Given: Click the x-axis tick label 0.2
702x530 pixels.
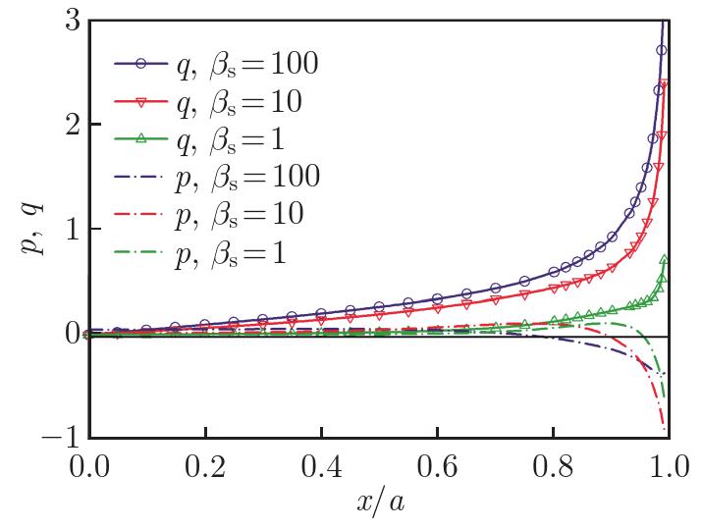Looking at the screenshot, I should (204, 464).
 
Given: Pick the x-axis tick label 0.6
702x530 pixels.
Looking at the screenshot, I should (437, 464).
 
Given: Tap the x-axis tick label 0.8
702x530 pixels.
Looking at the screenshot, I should (553, 464).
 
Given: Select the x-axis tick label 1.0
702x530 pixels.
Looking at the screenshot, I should (668, 464).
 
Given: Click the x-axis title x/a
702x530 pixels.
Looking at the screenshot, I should (379, 503).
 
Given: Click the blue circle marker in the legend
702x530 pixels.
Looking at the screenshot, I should (141, 65).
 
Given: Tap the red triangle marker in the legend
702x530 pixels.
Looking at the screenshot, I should (141, 102).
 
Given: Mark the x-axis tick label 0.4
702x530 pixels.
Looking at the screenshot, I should (321, 464).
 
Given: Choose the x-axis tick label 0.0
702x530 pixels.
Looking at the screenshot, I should (89, 464).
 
